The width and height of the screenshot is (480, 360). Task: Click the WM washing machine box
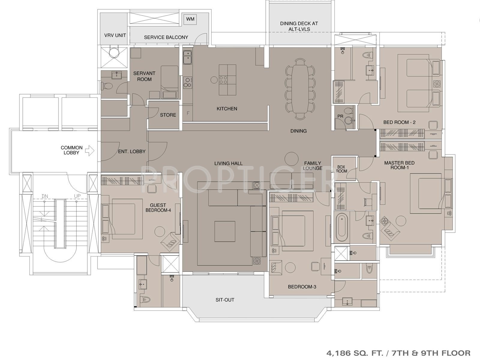[x=190, y=19]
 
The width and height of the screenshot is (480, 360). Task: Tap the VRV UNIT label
[x=115, y=35]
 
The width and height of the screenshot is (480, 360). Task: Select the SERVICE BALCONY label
[x=166, y=37]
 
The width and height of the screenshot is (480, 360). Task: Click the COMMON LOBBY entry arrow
[x=90, y=151]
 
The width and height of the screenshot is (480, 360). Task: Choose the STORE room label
[x=168, y=115]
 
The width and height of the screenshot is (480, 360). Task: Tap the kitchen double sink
[x=187, y=57]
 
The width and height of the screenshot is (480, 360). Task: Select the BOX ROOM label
[x=341, y=169]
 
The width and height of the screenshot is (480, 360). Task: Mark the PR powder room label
[x=340, y=116]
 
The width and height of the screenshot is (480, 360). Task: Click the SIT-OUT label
[x=225, y=300]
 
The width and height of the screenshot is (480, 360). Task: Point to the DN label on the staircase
[x=45, y=196]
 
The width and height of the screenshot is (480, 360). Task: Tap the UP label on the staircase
[x=77, y=196]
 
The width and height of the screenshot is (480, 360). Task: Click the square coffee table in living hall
[x=225, y=231]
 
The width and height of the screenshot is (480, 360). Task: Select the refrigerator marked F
[x=188, y=113]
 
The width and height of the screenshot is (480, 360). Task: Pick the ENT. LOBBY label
[x=132, y=151]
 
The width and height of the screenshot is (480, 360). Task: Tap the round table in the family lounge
[x=292, y=159]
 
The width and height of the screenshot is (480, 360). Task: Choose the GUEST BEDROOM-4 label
[x=158, y=208]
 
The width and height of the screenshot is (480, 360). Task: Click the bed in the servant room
[x=169, y=82]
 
